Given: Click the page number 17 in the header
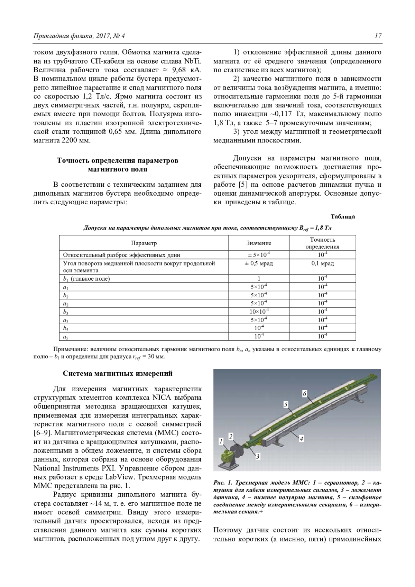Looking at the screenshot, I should [x=378, y=36].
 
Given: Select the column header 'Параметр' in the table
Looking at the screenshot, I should [x=144, y=243].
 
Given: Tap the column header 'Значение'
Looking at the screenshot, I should [x=259, y=243].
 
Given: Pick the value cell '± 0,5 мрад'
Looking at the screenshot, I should [x=259, y=263].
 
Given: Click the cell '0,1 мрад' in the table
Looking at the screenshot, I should [x=322, y=263].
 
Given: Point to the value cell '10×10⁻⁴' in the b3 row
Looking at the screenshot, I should [x=259, y=311].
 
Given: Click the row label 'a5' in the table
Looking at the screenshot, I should [x=65, y=336].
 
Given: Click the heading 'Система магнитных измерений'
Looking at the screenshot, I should [x=118, y=374].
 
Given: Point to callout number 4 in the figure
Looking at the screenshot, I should [x=302, y=438].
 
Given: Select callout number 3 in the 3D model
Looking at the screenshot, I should [x=258, y=457].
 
